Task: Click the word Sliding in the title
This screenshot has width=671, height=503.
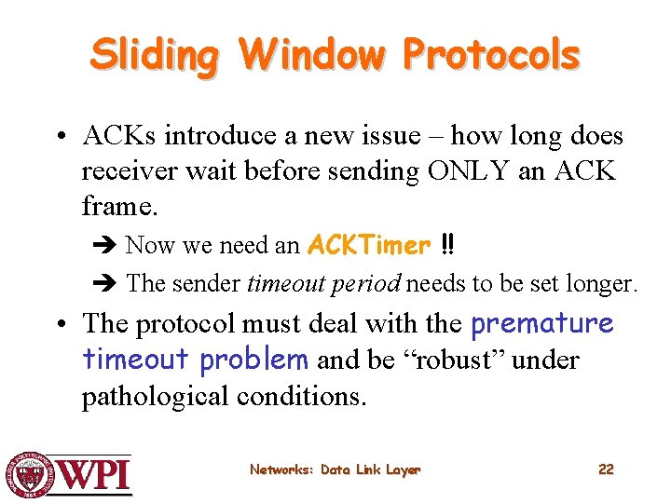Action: (154, 55)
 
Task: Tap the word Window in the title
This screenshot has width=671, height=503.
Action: (311, 55)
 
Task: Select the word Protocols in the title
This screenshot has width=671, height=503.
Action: (491, 55)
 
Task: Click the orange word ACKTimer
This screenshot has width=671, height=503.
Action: (369, 246)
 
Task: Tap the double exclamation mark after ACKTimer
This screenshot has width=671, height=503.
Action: (447, 246)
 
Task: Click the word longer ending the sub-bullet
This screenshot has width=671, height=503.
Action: (605, 283)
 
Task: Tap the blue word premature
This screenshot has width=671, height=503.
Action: (541, 324)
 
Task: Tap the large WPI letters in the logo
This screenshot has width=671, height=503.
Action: (95, 475)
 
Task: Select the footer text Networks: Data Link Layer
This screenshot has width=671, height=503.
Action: (335, 470)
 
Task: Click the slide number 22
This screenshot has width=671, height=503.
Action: (606, 469)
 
